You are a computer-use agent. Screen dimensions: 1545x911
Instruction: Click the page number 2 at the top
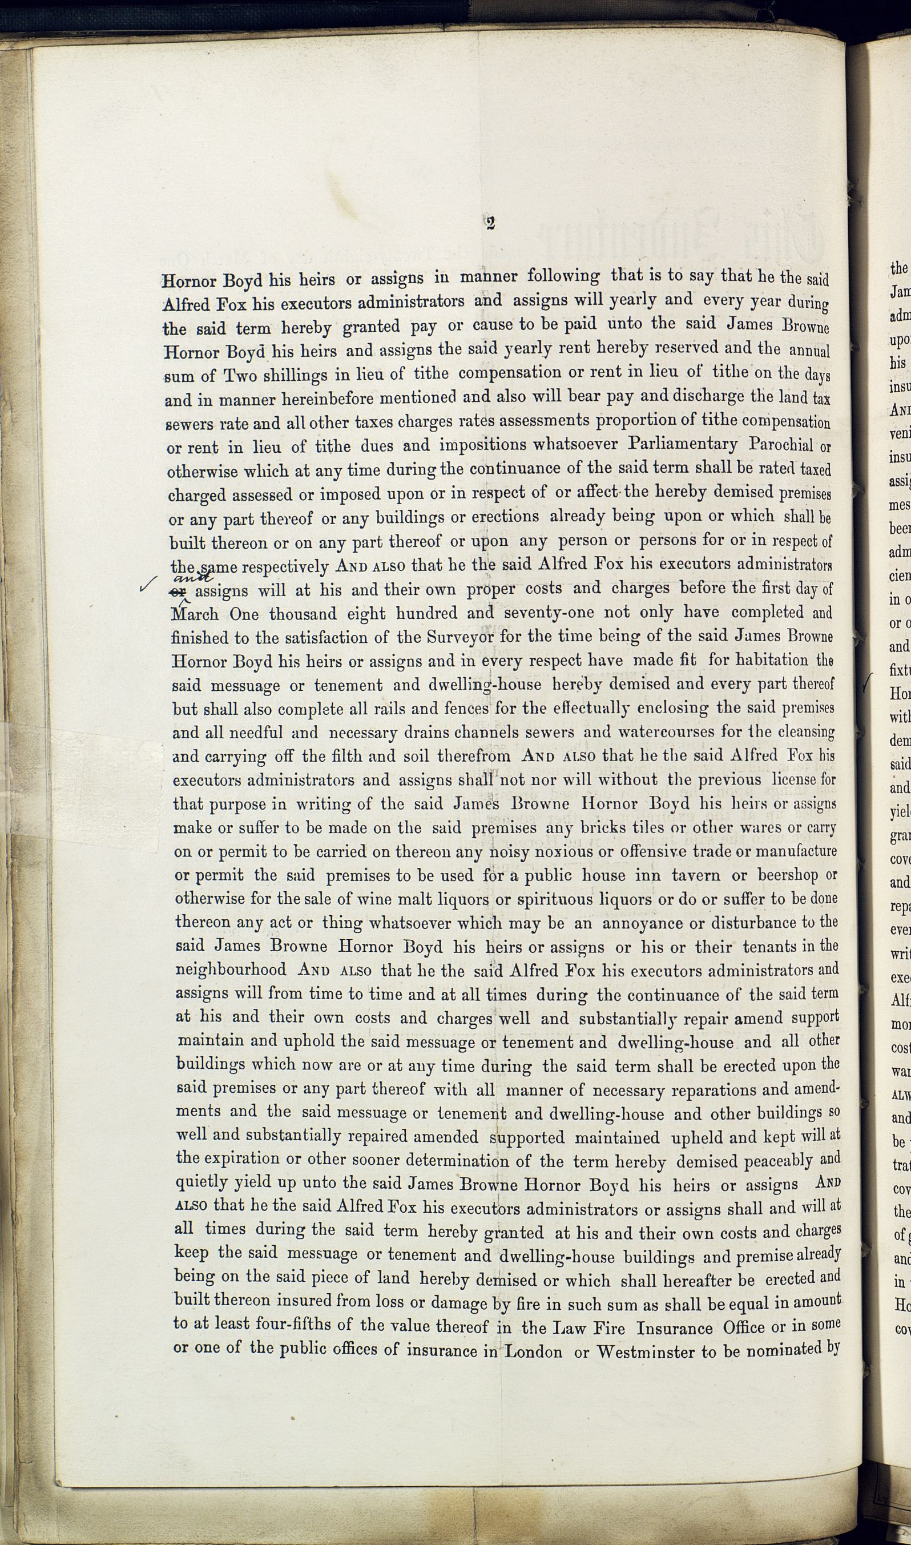[490, 223]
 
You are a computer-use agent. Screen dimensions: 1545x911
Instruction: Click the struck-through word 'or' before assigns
[182, 592]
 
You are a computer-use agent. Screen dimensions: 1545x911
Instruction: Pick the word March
[194, 614]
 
